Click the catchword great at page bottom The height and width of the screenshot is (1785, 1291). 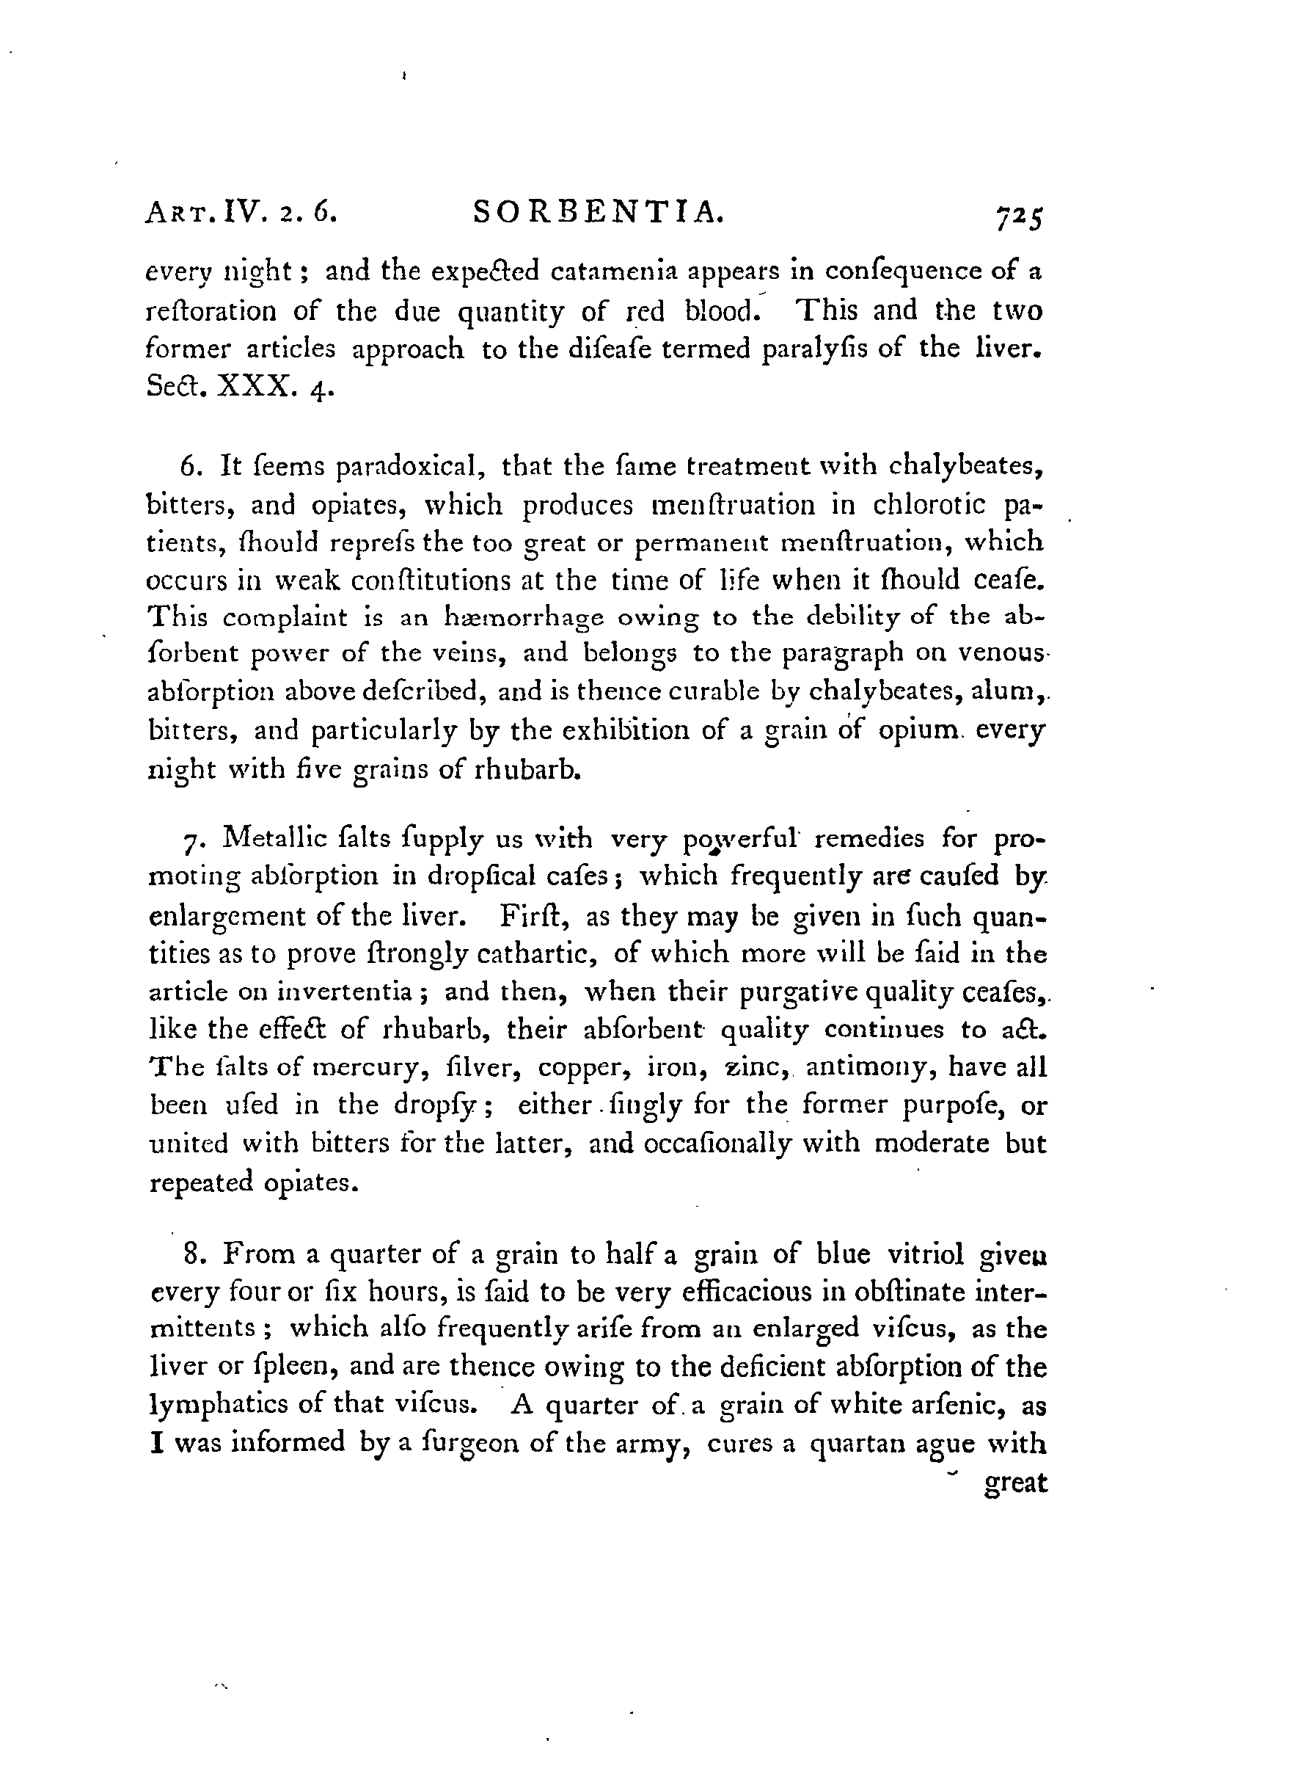click(1017, 1483)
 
